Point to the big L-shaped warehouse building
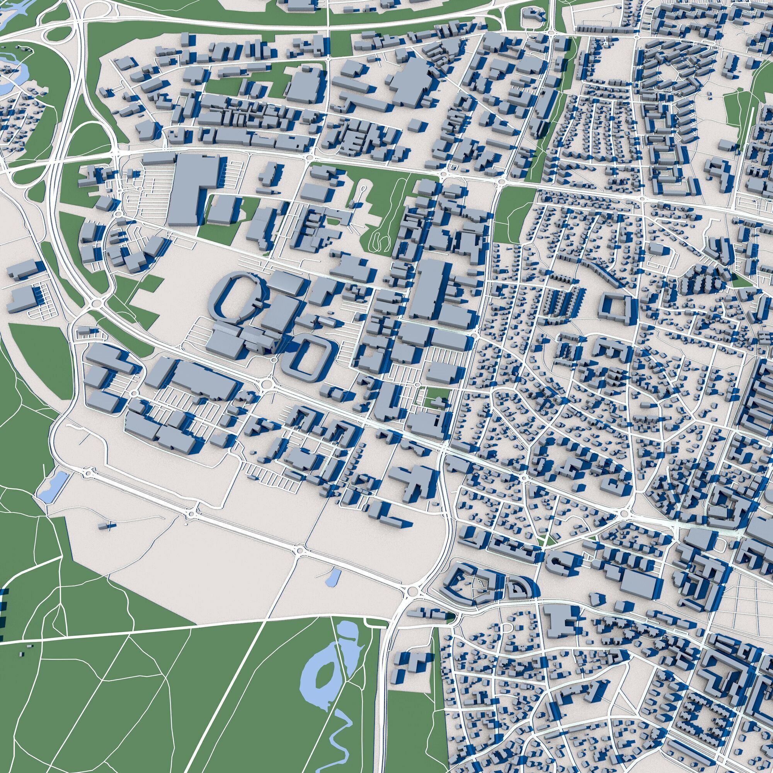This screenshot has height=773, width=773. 192,188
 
